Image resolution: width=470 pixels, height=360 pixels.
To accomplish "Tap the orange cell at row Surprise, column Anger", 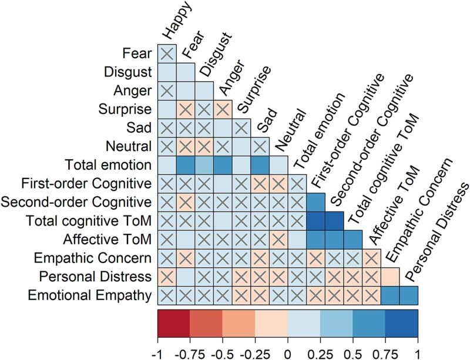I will coord(223,109).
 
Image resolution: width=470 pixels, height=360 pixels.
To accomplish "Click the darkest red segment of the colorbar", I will coord(174,322).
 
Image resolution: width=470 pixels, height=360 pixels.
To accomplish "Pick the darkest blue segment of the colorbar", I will coord(401,322).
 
